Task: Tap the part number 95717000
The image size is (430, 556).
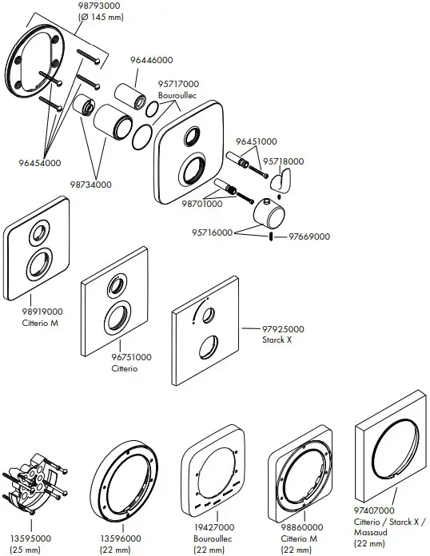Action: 179,84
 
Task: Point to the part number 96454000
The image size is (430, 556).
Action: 39,163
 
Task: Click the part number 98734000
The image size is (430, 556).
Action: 90,185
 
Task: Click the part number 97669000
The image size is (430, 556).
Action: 309,236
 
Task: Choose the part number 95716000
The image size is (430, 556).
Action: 213,232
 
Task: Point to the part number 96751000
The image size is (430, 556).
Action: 132,357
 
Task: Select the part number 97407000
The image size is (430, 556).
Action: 372,510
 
